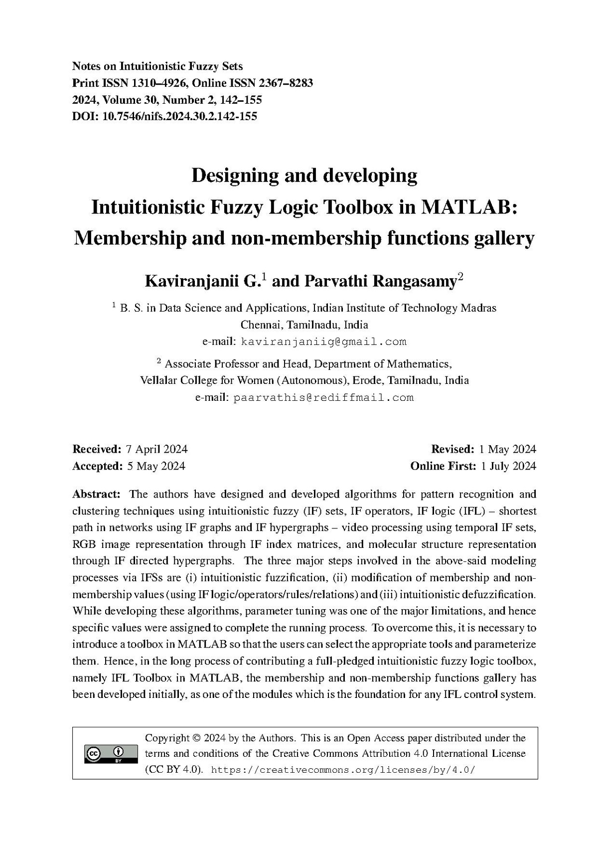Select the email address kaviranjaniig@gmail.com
[323, 342]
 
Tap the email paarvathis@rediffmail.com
[323, 398]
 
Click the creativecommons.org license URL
[343, 770]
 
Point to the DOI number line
[165, 117]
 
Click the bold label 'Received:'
[97, 449]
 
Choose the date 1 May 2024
[507, 449]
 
